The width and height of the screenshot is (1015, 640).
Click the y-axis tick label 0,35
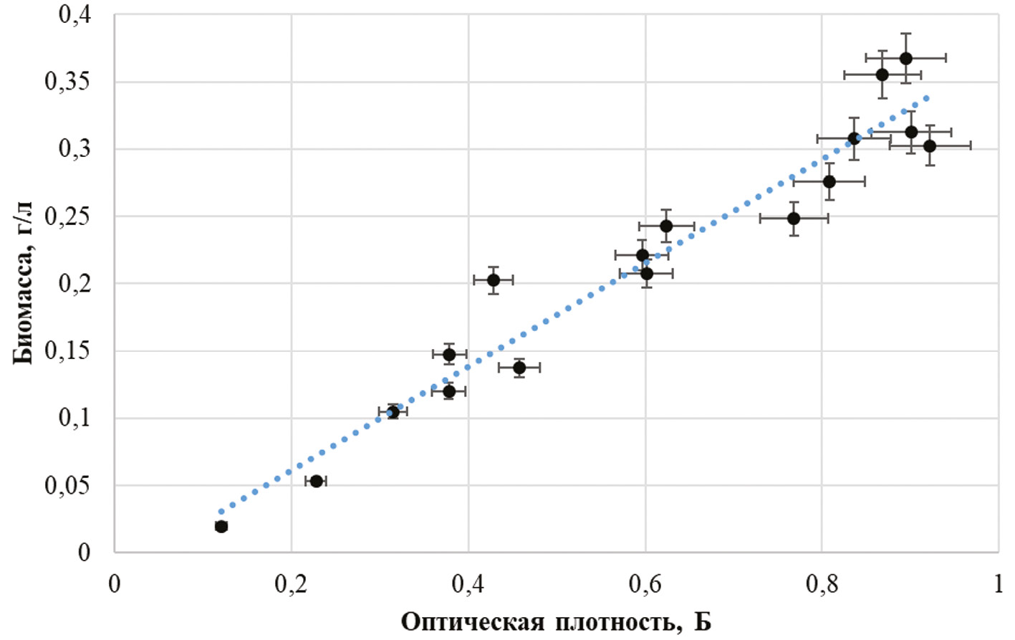[67, 82]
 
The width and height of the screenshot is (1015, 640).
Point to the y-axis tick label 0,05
[67, 486]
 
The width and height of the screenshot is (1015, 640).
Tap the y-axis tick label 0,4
[74, 14]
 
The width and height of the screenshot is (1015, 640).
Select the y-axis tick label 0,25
[67, 216]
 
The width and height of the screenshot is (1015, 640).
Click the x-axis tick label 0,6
[645, 585]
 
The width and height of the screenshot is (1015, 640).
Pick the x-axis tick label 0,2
[291, 585]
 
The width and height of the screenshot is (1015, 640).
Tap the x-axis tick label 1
[998, 585]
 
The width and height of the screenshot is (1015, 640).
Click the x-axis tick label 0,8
[822, 585]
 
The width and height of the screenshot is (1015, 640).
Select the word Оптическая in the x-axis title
[472, 621]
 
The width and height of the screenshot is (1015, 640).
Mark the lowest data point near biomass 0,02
[221, 527]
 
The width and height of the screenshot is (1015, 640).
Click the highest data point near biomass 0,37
[906, 58]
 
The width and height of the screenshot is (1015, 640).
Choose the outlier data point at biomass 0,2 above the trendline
[494, 280]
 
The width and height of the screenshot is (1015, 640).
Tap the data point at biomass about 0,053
[317, 481]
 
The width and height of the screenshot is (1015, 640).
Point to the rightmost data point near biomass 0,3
[930, 146]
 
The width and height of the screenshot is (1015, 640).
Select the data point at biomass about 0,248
[794, 218]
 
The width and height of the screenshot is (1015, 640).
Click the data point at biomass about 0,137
[519, 368]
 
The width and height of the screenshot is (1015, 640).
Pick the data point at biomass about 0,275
[829, 181]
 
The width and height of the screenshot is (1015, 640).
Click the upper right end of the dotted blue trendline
[927, 97]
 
